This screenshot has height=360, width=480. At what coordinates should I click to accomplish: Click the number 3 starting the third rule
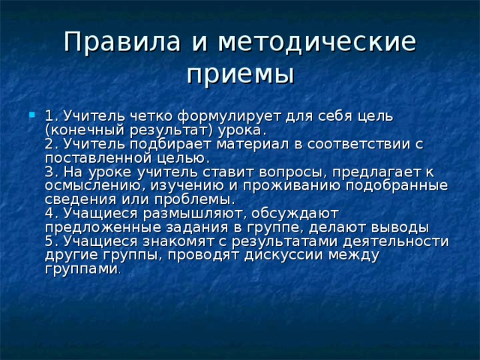(49, 172)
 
